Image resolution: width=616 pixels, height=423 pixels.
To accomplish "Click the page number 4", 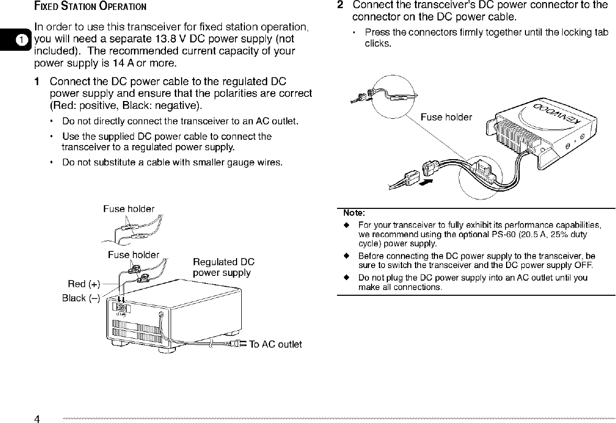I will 37,418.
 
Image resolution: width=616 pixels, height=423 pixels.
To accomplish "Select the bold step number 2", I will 340,5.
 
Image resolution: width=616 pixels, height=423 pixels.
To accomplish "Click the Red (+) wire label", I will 84,284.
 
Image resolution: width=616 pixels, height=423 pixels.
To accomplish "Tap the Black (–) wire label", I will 81,298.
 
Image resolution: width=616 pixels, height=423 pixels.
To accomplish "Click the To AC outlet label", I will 275,344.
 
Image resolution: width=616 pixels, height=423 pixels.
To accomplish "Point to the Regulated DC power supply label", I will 223,268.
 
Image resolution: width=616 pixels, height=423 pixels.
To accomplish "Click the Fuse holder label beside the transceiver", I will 446,117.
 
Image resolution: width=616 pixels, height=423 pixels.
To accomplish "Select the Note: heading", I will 354,213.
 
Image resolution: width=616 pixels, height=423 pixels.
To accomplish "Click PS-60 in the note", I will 506,235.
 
